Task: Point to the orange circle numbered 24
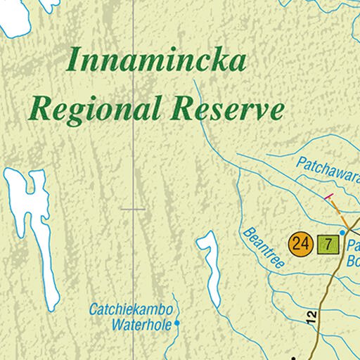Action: [x=300, y=244]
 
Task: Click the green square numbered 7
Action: [x=327, y=244]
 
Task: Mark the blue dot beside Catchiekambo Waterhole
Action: [x=177, y=323]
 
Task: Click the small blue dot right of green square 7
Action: [x=343, y=232]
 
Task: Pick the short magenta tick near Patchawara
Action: [x=326, y=195]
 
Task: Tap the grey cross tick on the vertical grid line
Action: [x=133, y=209]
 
